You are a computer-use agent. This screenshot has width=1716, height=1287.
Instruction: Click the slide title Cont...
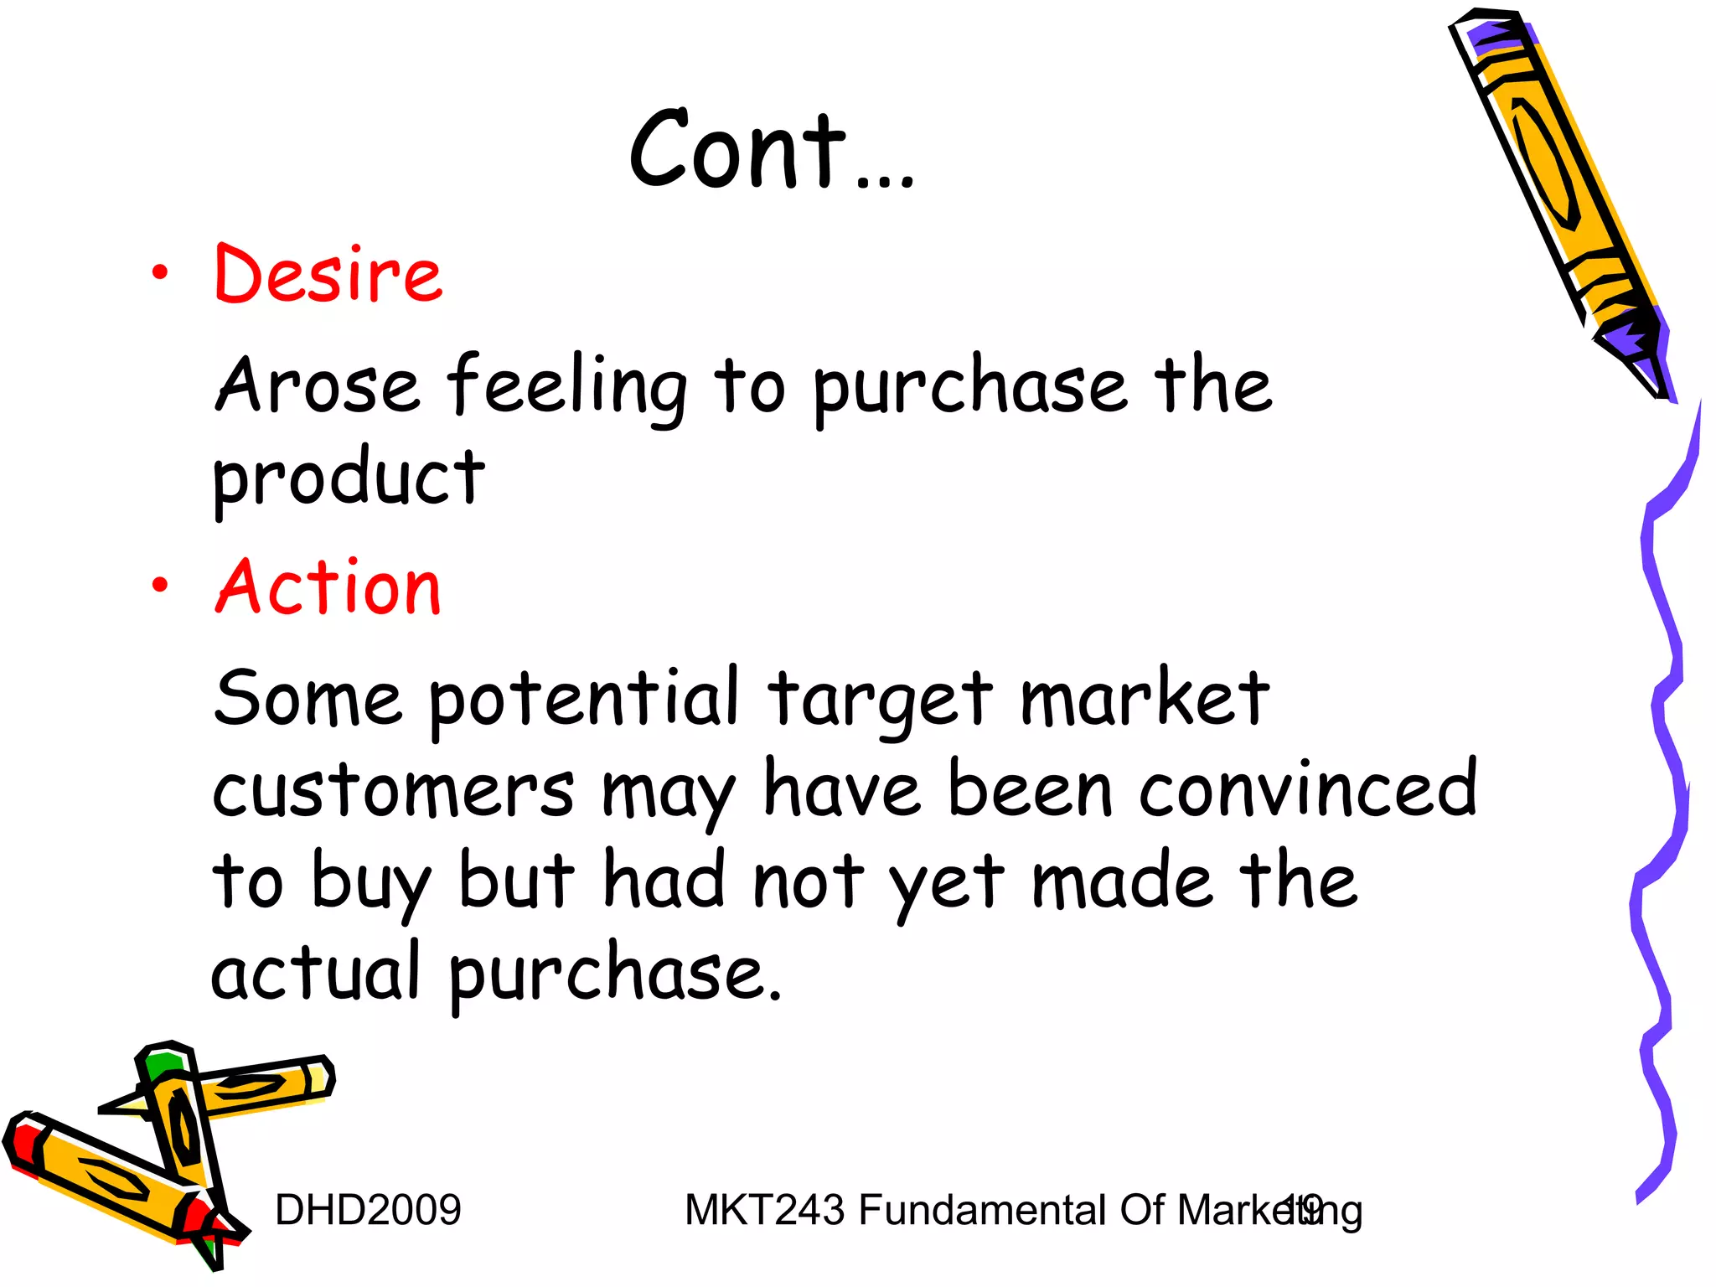[771, 151]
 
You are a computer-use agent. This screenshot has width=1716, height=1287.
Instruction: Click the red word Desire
[328, 274]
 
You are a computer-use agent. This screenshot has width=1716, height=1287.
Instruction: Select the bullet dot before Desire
[160, 273]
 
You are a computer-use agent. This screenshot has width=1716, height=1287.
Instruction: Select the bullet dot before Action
[160, 586]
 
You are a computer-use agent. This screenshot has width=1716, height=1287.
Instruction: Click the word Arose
[318, 385]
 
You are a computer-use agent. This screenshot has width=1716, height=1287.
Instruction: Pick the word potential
[584, 700]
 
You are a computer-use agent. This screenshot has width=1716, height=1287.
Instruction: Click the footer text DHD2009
[368, 1210]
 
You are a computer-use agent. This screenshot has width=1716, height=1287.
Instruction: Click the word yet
[947, 884]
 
